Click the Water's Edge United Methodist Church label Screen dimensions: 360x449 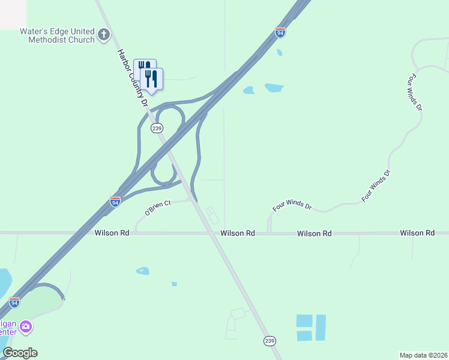tap(57, 35)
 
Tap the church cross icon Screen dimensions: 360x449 tap(104, 35)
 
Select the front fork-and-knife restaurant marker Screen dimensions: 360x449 tap(152, 79)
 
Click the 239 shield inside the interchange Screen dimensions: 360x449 tap(157, 128)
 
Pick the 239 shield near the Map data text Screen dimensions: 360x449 tap(270, 341)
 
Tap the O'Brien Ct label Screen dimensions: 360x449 tap(158, 208)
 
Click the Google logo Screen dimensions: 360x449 tap(20, 353)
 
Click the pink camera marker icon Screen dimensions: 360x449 tap(25, 327)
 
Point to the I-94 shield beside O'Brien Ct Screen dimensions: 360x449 tap(115, 202)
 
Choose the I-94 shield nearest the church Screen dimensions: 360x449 tap(280, 32)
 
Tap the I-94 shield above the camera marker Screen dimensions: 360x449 tap(14, 302)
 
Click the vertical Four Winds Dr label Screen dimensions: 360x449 tap(415, 92)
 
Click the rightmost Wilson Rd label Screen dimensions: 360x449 tap(417, 233)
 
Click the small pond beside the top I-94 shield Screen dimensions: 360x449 tap(280, 52)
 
